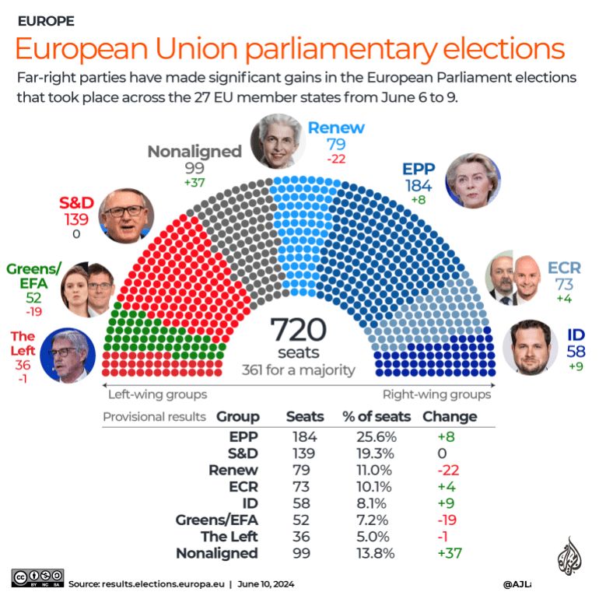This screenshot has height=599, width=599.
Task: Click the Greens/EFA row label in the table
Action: (219, 520)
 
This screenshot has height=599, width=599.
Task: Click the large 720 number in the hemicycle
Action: (298, 331)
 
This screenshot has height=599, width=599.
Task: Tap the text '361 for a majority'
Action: (298, 370)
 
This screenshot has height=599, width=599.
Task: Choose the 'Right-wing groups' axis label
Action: (437, 394)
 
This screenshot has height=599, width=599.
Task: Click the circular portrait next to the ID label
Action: (531, 346)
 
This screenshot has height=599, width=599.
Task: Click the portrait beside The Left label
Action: (68, 355)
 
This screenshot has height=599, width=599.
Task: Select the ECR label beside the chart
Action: (564, 268)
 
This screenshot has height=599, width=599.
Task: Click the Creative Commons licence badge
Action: (37, 577)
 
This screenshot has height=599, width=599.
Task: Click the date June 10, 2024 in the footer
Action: (266, 583)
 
